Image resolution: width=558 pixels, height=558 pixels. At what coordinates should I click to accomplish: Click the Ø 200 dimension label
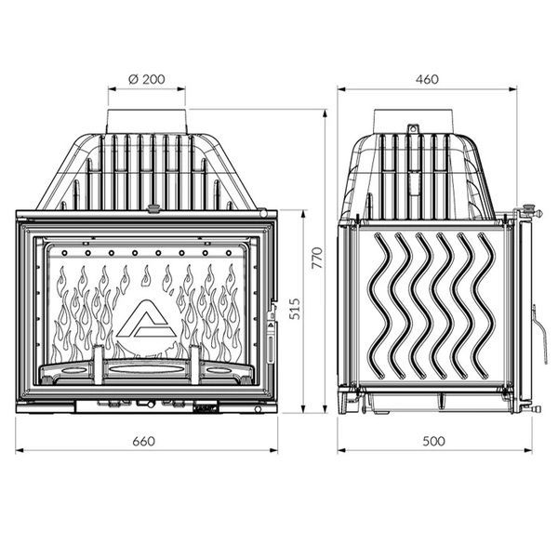147,79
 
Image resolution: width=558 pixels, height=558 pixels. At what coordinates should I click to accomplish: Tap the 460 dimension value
427,79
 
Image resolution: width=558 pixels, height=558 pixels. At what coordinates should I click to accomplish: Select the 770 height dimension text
317,258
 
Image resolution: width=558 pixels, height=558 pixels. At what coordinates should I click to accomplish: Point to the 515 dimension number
295,309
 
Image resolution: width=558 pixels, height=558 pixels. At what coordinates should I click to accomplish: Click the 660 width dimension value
144,441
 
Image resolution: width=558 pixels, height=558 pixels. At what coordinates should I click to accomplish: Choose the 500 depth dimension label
433,441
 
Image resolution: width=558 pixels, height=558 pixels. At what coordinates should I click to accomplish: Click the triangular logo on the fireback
146,318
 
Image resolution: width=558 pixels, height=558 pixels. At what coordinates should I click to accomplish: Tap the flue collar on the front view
146,121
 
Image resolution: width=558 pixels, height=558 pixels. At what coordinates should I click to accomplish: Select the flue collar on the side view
414,121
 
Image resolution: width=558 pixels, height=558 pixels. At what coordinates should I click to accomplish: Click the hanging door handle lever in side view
540,335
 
